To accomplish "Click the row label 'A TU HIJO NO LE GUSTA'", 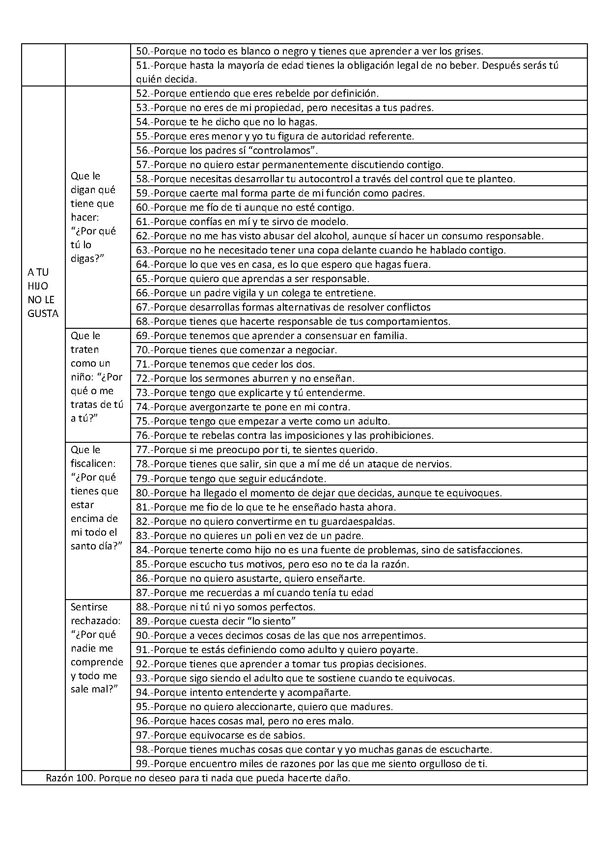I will [43, 293].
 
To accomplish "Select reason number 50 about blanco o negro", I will [309, 51].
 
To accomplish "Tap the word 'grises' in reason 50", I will [468, 51].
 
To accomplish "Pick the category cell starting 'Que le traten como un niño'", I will [97, 377].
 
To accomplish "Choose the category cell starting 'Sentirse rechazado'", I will [97, 648].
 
